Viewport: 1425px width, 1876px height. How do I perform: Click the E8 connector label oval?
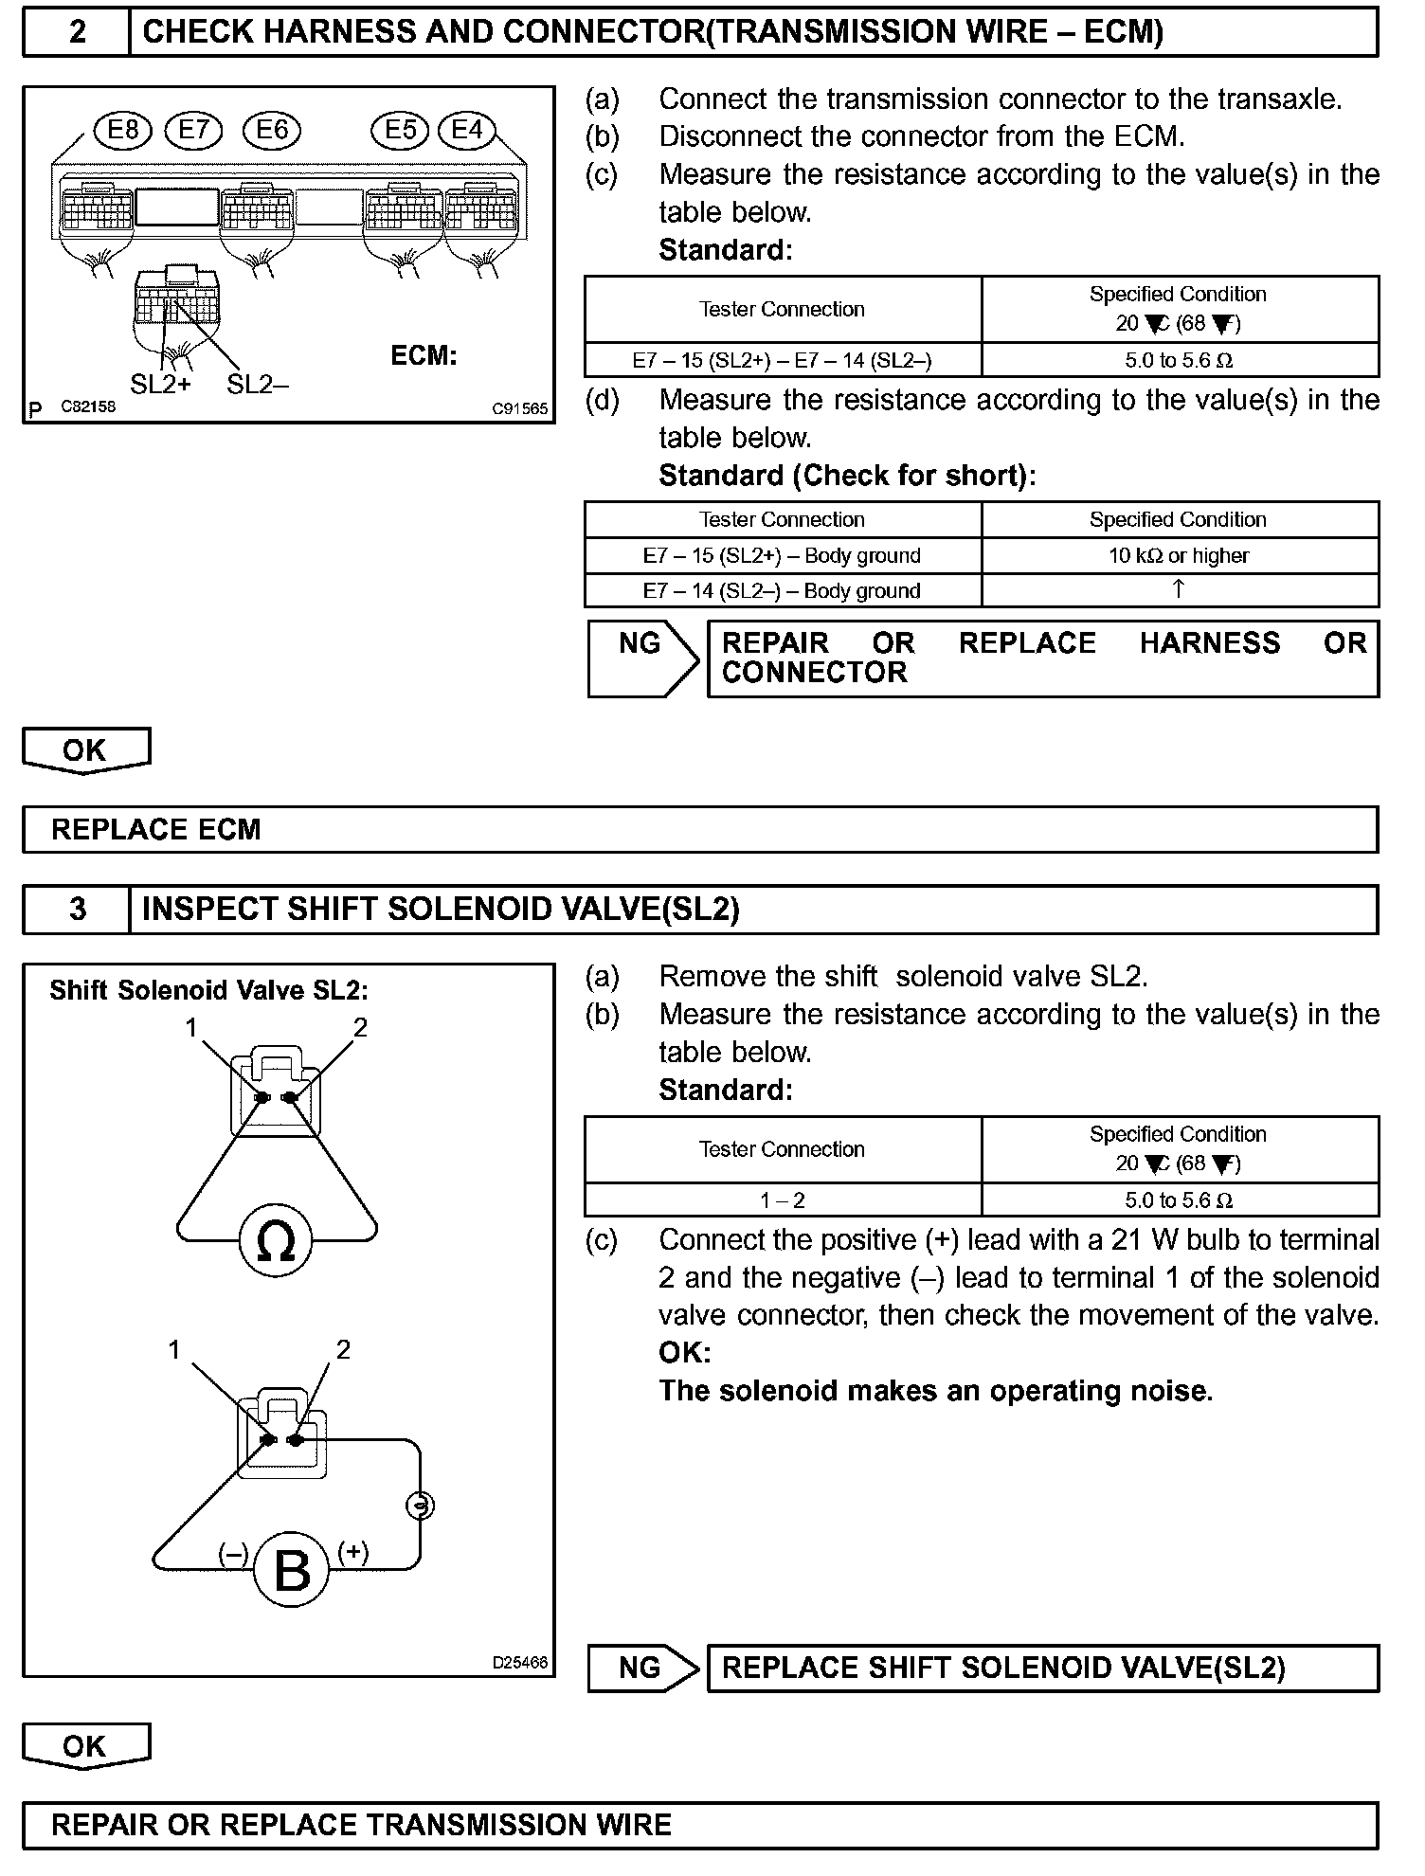pyautogui.click(x=123, y=129)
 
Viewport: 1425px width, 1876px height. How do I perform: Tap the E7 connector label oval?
pyautogui.click(x=193, y=129)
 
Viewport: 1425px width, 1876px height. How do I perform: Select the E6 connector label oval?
pyautogui.click(x=272, y=129)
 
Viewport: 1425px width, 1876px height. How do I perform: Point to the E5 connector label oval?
pyautogui.click(x=400, y=129)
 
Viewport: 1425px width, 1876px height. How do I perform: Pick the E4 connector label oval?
pyautogui.click(x=467, y=129)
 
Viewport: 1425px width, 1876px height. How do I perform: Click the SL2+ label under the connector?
pyautogui.click(x=160, y=384)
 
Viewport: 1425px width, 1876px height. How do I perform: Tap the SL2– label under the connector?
pyautogui.click(x=258, y=384)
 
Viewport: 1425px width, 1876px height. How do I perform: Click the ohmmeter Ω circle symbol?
pyautogui.click(x=276, y=1241)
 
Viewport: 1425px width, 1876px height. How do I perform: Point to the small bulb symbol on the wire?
pyautogui.click(x=420, y=1506)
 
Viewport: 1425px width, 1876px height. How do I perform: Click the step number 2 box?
pyautogui.click(x=77, y=32)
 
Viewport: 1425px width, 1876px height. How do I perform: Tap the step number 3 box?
pyautogui.click(x=77, y=910)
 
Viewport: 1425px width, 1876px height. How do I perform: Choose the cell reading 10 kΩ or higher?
pyautogui.click(x=1179, y=556)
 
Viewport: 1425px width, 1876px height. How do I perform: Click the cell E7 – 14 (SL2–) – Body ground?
pyautogui.click(x=782, y=591)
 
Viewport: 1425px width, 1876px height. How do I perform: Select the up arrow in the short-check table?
pyautogui.click(x=1179, y=589)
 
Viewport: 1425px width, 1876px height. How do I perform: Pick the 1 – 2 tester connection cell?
pyautogui.click(x=782, y=1200)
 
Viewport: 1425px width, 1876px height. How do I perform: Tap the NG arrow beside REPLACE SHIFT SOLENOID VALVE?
pyautogui.click(x=642, y=1668)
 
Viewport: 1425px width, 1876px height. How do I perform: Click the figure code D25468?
pyautogui.click(x=519, y=1663)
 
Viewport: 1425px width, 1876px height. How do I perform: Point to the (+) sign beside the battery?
pyautogui.click(x=353, y=1551)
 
